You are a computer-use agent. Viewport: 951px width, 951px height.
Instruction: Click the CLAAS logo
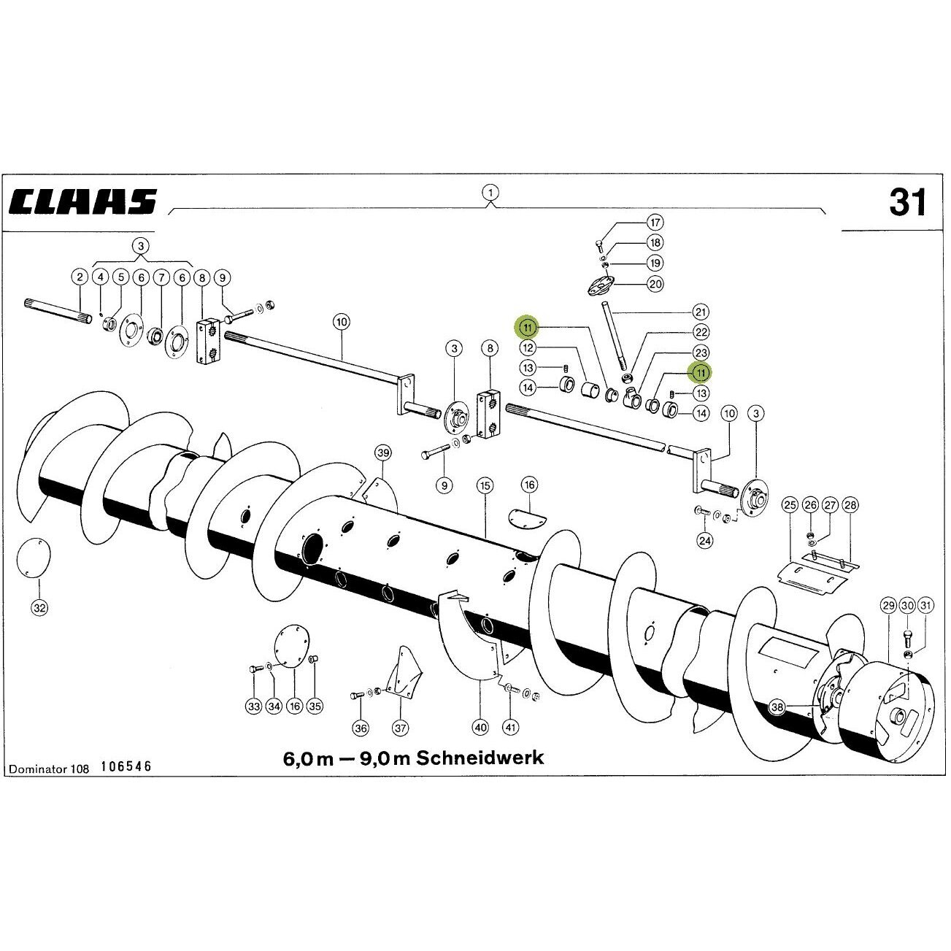(x=83, y=201)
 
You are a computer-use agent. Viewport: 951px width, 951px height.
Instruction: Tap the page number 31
(x=907, y=202)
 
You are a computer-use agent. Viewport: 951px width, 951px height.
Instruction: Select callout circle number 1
(x=490, y=192)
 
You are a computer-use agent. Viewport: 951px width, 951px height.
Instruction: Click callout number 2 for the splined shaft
(x=80, y=277)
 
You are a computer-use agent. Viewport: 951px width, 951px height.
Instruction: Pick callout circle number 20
(x=655, y=284)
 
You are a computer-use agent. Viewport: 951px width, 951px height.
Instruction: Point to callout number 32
(x=39, y=607)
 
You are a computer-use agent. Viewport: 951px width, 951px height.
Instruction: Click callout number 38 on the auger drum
(x=777, y=707)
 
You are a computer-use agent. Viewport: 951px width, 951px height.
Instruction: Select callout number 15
(x=485, y=485)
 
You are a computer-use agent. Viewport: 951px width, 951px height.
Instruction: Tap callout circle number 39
(x=383, y=453)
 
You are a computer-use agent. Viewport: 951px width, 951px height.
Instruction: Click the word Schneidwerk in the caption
(x=480, y=757)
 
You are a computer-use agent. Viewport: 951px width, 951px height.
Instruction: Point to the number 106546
(x=126, y=766)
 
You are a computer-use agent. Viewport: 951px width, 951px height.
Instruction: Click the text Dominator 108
(x=50, y=769)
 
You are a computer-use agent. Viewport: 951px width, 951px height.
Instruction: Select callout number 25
(x=790, y=505)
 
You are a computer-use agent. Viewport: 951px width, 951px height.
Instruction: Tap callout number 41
(x=511, y=727)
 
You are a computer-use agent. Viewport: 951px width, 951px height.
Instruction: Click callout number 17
(x=655, y=222)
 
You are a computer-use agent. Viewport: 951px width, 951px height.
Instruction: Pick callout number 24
(x=705, y=540)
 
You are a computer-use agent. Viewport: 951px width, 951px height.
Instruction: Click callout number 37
(x=400, y=728)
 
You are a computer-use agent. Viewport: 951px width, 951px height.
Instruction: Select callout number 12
(x=528, y=347)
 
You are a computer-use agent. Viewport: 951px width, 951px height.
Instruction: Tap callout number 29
(x=888, y=606)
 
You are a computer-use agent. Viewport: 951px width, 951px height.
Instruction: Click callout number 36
(x=361, y=728)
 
